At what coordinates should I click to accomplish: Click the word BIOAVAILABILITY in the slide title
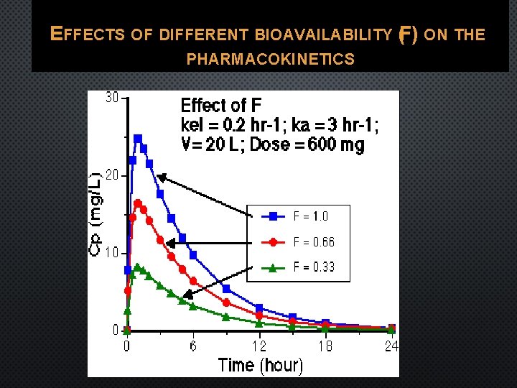321,34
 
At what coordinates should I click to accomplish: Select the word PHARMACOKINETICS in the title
270,60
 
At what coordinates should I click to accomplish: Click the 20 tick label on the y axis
112,175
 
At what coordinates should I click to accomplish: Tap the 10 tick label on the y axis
112,253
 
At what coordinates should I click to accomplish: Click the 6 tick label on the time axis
193,346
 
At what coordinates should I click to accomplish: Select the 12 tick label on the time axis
259,346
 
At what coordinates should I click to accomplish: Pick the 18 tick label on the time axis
325,346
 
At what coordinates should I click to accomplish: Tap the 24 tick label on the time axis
390,346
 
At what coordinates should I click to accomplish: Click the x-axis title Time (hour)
260,365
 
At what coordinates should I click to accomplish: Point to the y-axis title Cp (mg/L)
96,214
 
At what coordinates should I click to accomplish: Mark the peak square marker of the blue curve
138,139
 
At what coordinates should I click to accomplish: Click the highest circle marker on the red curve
138,203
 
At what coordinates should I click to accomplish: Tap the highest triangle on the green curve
137,267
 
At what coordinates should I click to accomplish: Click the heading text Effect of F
221,106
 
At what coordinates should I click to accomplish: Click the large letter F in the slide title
407,34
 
